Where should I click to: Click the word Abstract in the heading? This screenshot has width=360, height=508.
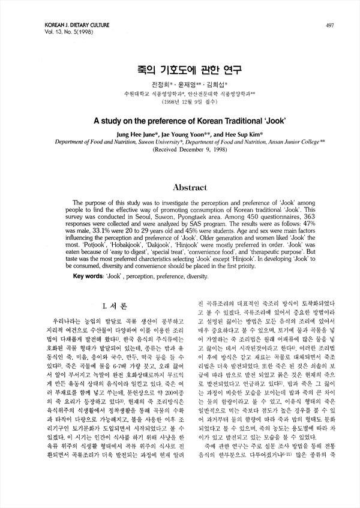[180, 188]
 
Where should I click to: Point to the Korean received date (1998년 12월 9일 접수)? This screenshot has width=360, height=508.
[179, 103]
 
